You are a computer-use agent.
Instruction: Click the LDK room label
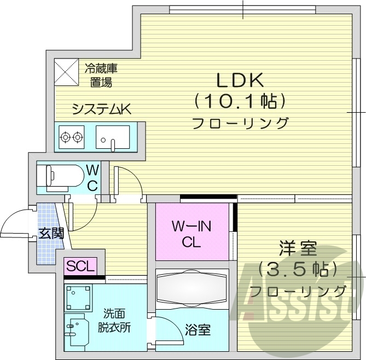tap(240, 80)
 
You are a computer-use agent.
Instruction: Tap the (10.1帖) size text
tap(240, 101)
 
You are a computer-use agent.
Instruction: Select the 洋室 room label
tap(298, 249)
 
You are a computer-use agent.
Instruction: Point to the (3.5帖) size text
tap(298, 269)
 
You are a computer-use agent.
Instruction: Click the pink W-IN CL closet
tap(191, 232)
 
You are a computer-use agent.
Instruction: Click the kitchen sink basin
tap(112, 136)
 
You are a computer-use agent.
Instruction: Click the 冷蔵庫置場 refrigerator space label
tap(101, 76)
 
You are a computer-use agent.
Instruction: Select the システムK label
tap(102, 109)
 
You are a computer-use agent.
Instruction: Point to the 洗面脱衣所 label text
tap(115, 321)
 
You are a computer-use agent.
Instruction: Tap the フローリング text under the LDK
tap(240, 123)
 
